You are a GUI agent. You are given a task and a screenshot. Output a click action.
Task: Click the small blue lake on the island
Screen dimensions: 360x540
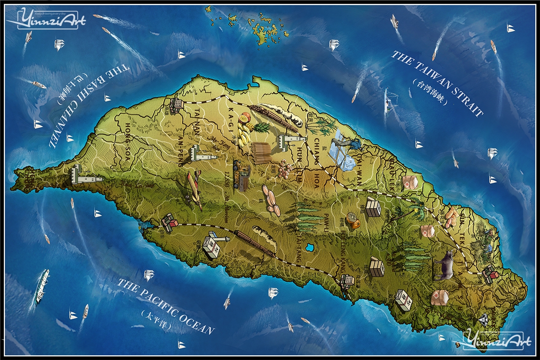(x=310, y=247)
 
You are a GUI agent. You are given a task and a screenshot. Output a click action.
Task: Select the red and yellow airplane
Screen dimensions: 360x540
(x=194, y=190)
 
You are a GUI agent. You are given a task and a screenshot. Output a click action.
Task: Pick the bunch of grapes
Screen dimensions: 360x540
(x=285, y=168)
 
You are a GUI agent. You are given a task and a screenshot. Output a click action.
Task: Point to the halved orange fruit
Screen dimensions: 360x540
(x=352, y=221)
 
